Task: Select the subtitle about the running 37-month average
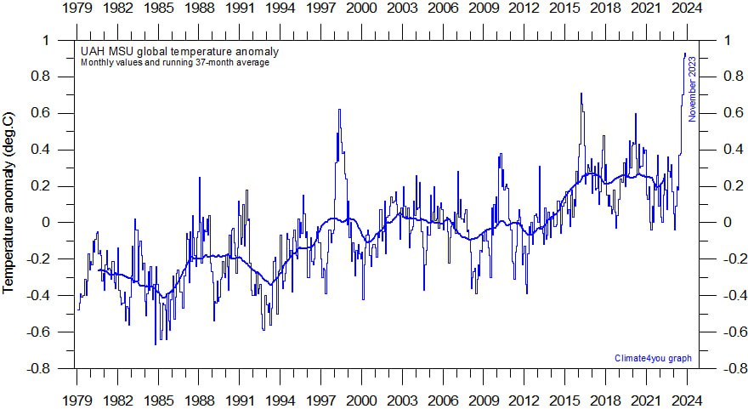175,63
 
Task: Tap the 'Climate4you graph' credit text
653,359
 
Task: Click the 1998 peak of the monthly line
339,110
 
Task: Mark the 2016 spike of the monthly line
581,94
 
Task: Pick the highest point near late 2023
685,54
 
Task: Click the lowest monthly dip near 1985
156,344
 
